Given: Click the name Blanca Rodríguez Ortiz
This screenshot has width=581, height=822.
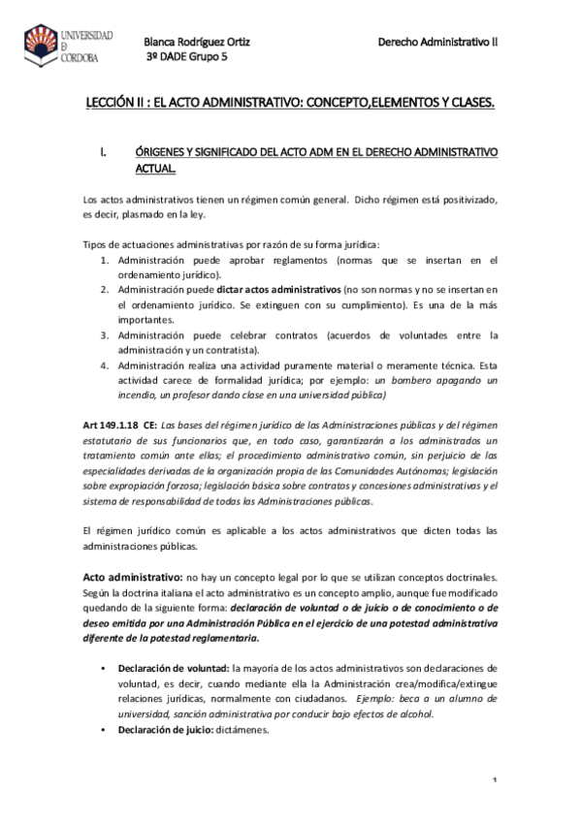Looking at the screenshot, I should pyautogui.click(x=197, y=42).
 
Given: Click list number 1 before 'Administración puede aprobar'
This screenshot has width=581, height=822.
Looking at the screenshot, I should pyautogui.click(x=105, y=261).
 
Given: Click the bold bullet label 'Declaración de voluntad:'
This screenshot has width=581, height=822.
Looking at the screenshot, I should pyautogui.click(x=174, y=669).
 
